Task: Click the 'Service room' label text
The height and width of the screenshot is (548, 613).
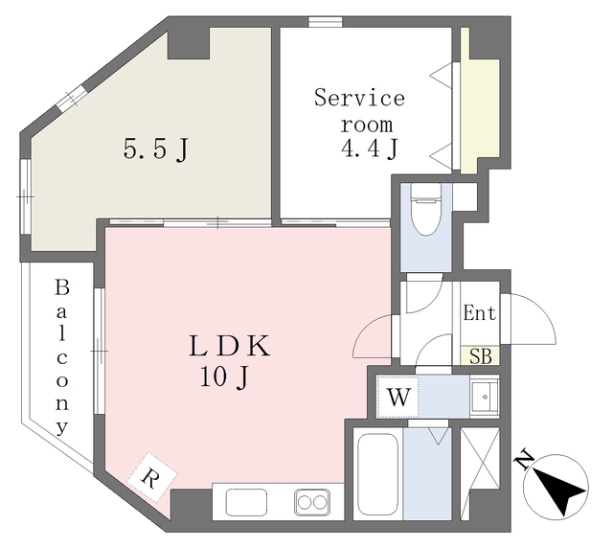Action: pyautogui.click(x=359, y=110)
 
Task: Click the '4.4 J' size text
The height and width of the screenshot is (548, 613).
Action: pyautogui.click(x=369, y=148)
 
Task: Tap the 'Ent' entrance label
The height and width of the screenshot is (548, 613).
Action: pyautogui.click(x=479, y=313)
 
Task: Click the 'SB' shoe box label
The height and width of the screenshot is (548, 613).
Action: pyautogui.click(x=480, y=357)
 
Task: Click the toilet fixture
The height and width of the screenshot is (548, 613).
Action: pyautogui.click(x=423, y=205)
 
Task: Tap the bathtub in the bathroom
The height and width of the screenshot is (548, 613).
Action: pyautogui.click(x=375, y=475)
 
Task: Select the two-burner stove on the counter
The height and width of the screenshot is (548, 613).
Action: pyautogui.click(x=311, y=500)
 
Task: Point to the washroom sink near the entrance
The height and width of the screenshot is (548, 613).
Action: pyautogui.click(x=484, y=394)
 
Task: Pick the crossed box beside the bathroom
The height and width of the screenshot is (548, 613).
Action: pyautogui.click(x=479, y=468)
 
